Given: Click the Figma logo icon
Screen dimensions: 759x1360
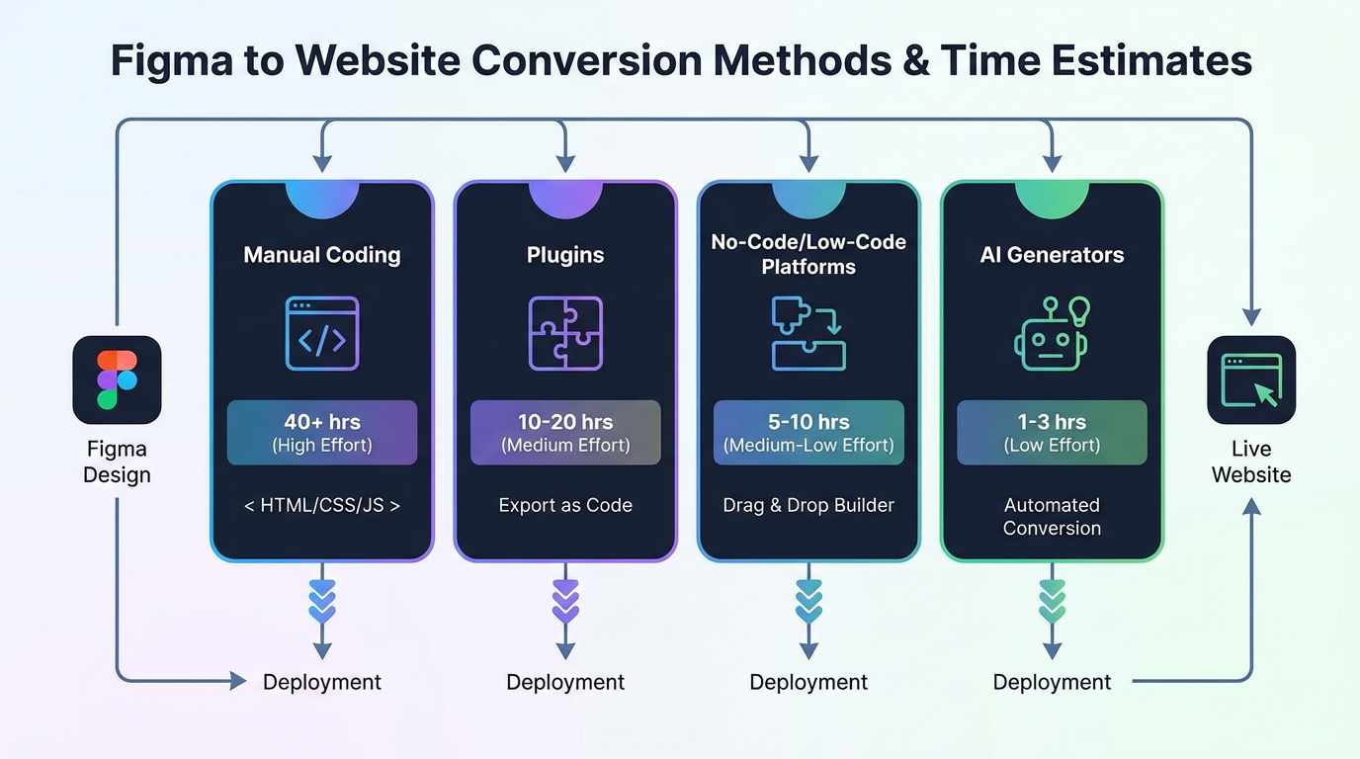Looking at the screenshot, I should (117, 379).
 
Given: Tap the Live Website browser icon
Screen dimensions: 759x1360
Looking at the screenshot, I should (1250, 379).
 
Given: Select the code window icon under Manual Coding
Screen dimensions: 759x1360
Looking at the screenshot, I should (322, 334).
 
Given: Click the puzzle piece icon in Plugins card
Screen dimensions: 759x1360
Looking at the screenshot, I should (565, 334).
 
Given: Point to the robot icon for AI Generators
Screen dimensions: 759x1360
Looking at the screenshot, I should (1052, 335).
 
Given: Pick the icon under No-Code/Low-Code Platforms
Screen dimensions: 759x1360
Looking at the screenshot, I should (808, 334).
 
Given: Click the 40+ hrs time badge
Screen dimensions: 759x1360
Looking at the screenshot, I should (322, 433).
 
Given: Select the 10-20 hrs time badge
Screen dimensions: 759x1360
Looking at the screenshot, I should (565, 433).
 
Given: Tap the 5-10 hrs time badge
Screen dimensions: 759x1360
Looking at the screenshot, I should (808, 433).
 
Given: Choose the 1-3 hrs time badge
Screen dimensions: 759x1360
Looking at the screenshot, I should (1052, 433).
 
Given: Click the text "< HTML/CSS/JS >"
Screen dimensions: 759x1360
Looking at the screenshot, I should (322, 505).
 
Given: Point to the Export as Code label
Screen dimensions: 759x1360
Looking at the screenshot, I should (565, 505).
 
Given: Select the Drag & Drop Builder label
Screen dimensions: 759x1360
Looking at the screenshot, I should (808, 505).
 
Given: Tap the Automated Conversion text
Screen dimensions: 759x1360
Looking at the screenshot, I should (1052, 516).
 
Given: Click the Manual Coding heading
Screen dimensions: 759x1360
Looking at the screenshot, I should (322, 255).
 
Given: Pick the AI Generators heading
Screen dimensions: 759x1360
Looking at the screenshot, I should (1052, 255).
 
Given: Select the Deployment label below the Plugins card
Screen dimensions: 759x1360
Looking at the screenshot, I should (565, 682).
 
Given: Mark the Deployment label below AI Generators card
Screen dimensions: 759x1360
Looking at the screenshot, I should (1052, 682).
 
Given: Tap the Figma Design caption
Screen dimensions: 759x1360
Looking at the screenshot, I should (117, 462).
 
